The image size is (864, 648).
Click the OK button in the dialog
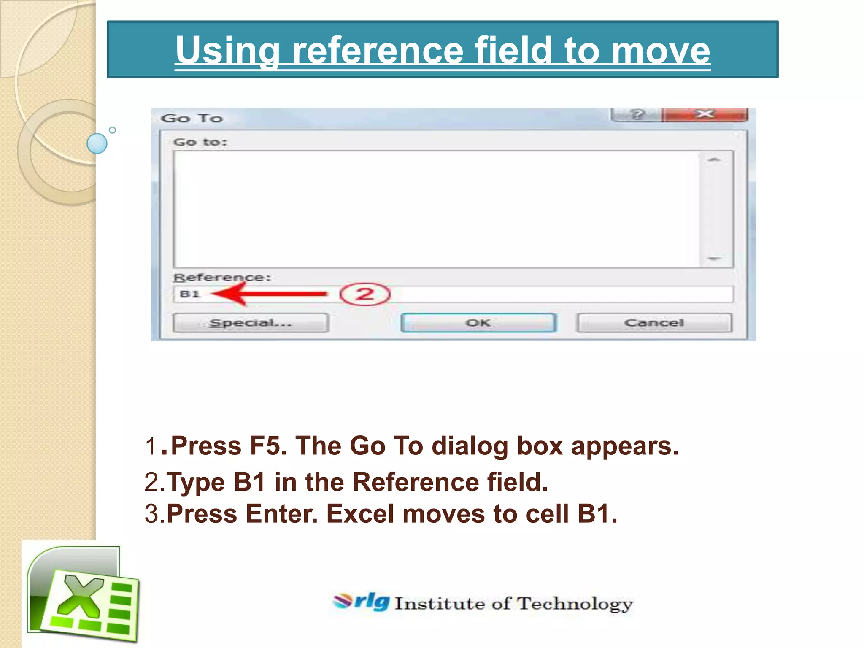pos(478,323)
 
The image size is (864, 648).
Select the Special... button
pos(251,323)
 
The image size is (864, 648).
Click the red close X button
pos(705,114)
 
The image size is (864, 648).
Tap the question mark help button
pos(637,114)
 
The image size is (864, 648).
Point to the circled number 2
pos(365,294)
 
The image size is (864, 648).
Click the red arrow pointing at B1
pos(270,294)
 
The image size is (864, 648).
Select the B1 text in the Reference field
pos(189,294)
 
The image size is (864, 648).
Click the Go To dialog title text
pos(192,119)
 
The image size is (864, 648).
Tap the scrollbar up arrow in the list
pos(714,160)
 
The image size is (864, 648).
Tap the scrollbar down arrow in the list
pos(714,258)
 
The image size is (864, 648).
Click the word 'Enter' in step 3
pos(281,514)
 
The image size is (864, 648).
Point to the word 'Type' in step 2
pos(196,482)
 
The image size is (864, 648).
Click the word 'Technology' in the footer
pos(575,604)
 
